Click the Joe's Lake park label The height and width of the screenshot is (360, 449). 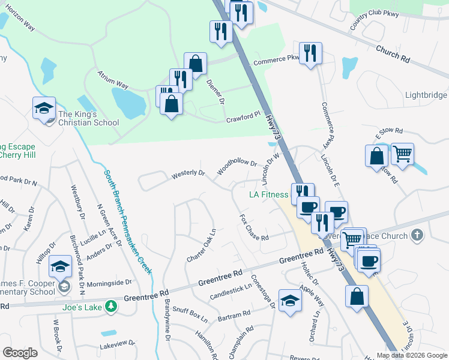[82, 307]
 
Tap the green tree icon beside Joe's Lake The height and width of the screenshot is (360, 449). [110, 307]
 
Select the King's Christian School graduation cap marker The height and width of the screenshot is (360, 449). [44, 109]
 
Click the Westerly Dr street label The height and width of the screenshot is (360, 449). [188, 173]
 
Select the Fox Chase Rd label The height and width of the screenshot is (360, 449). [253, 228]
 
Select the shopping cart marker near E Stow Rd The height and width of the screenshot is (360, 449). [402, 154]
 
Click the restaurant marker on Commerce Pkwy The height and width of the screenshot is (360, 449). [310, 53]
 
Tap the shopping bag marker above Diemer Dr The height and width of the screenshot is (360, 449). [195, 64]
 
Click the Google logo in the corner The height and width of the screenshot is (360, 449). [20, 353]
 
